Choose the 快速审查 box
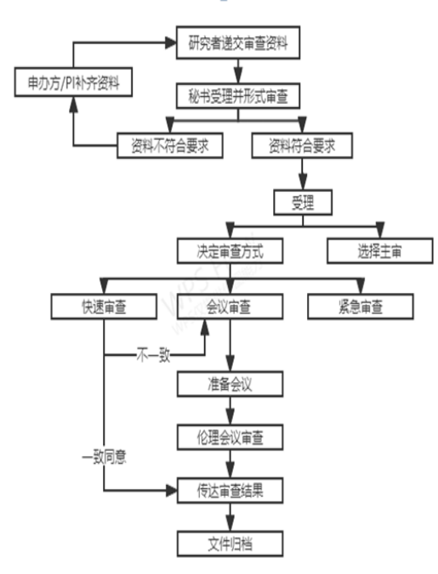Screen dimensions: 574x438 pyautogui.click(x=102, y=305)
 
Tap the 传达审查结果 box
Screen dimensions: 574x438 pyautogui.click(x=230, y=490)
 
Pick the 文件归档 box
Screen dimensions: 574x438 pyautogui.click(x=230, y=541)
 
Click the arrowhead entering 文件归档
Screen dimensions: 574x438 pyautogui.click(x=230, y=526)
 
